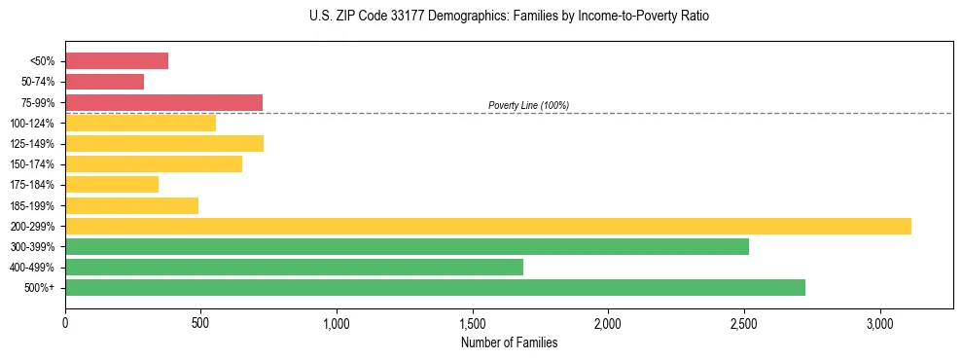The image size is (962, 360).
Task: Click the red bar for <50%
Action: pyautogui.click(x=117, y=61)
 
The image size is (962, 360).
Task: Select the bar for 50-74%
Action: pyautogui.click(x=104, y=82)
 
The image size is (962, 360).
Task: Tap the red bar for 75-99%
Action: pyautogui.click(x=163, y=102)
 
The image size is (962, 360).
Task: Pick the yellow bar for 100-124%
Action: pyautogui.click(x=140, y=123)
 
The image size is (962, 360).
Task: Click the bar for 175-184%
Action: pyautogui.click(x=112, y=184)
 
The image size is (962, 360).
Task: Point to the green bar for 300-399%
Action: pyautogui.click(x=407, y=246)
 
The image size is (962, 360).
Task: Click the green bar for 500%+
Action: pyautogui.click(x=435, y=287)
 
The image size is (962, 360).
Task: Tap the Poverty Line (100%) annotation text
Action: pyautogui.click(x=528, y=105)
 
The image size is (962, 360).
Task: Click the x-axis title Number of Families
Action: pyautogui.click(x=509, y=342)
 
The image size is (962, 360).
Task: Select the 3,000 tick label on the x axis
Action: pyautogui.click(x=879, y=322)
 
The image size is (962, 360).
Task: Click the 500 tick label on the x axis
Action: pyautogui.click(x=200, y=322)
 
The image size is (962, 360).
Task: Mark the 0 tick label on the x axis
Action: pyautogui.click(x=65, y=322)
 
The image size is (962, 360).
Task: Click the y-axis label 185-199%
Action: pyautogui.click(x=32, y=205)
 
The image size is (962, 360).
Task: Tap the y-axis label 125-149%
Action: pyautogui.click(x=32, y=144)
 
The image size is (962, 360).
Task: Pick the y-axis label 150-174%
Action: pyautogui.click(x=32, y=164)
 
